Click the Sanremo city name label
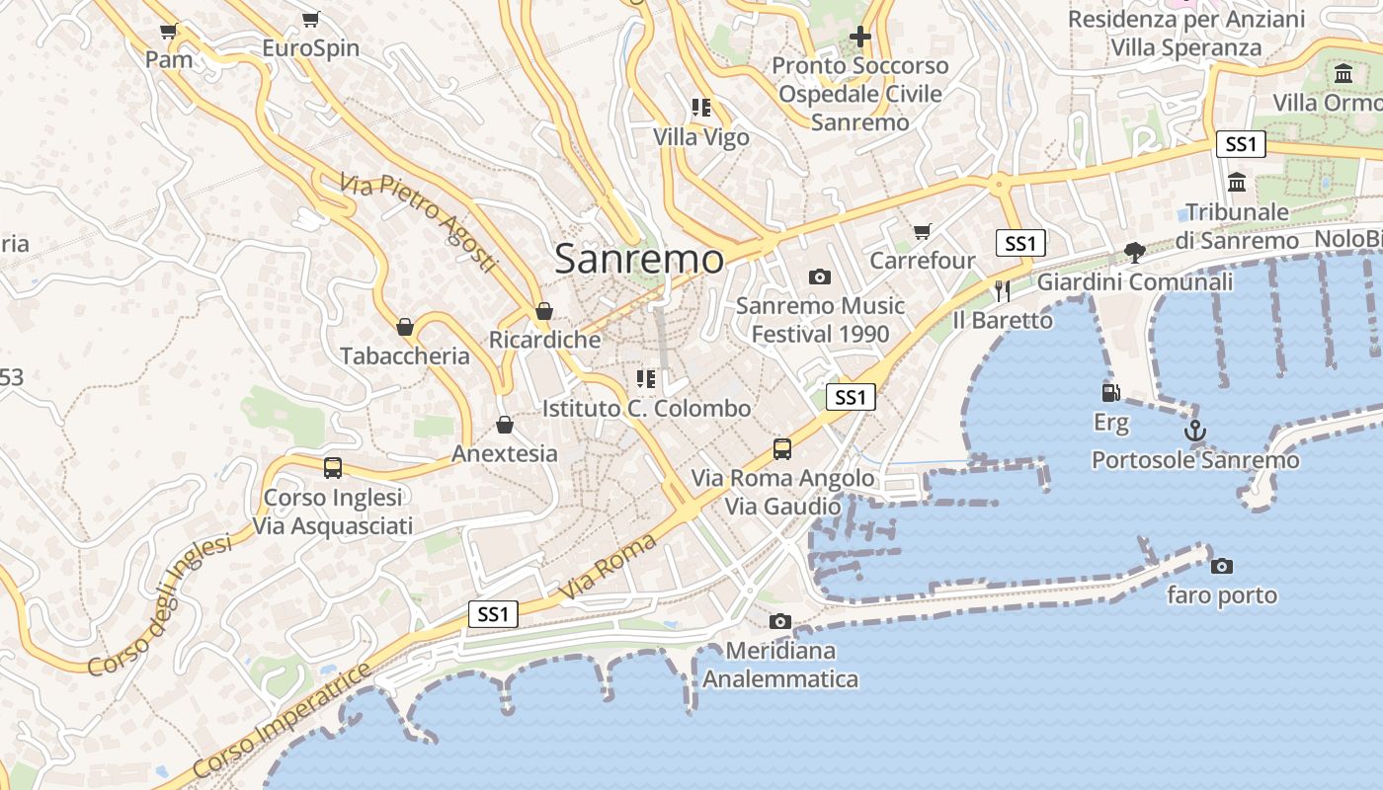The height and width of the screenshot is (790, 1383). pyautogui.click(x=639, y=259)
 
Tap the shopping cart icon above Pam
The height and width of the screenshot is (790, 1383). pyautogui.click(x=168, y=31)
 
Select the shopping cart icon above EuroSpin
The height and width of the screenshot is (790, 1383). pyautogui.click(x=311, y=19)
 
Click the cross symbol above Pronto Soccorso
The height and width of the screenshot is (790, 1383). pyautogui.click(x=860, y=37)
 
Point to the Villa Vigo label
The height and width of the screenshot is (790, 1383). pyautogui.click(x=701, y=137)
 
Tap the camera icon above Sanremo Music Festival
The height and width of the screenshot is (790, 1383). pyautogui.click(x=820, y=276)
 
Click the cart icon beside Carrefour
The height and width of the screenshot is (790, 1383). pyautogui.click(x=922, y=232)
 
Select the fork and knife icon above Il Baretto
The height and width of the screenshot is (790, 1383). pyautogui.click(x=1003, y=290)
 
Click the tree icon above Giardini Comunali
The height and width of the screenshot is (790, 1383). pyautogui.click(x=1134, y=253)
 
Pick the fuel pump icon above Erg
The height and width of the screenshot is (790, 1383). pyautogui.click(x=1111, y=392)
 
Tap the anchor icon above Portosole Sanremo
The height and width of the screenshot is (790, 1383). pyautogui.click(x=1195, y=431)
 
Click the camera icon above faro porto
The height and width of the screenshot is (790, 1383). pyautogui.click(x=1222, y=566)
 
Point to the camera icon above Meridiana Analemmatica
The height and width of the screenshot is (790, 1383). pyautogui.click(x=780, y=621)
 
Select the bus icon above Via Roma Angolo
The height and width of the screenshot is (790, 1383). pyautogui.click(x=782, y=449)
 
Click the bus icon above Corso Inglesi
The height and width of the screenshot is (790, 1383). pyautogui.click(x=333, y=468)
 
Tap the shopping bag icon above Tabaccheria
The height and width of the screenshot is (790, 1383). pyautogui.click(x=405, y=327)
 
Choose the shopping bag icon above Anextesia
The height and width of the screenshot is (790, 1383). pyautogui.click(x=505, y=425)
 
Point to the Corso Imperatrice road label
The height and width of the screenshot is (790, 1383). pyautogui.click(x=283, y=720)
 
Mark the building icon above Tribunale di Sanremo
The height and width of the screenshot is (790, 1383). pyautogui.click(x=1237, y=183)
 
